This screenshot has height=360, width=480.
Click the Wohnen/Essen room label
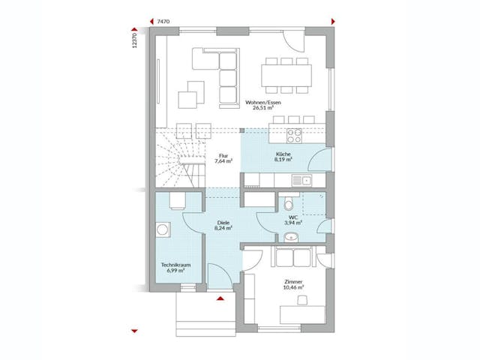pyautogui.click(x=260, y=103)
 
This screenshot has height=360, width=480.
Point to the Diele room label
pyautogui.click(x=223, y=223)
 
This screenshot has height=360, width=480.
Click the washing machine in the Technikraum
pyautogui.click(x=163, y=231)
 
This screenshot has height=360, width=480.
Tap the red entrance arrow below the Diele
pyautogui.click(x=220, y=298)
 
